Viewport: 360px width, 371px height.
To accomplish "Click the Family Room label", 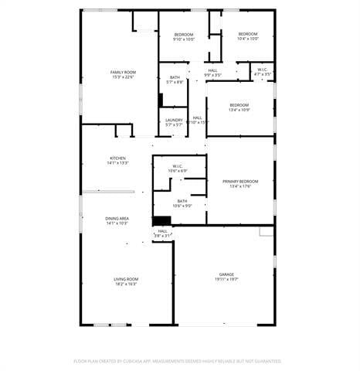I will pyautogui.click(x=123, y=72).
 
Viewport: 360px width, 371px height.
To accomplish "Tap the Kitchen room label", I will pyautogui.click(x=118, y=158).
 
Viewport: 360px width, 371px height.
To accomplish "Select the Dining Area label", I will pyautogui.click(x=117, y=219).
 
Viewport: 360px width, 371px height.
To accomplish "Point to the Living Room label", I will pyautogui.click(x=126, y=279).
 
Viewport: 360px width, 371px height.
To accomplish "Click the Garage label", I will pyautogui.click(x=226, y=274).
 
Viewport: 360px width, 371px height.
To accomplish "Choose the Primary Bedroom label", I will pyautogui.click(x=240, y=182).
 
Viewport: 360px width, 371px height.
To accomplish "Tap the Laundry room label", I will pyautogui.click(x=174, y=119).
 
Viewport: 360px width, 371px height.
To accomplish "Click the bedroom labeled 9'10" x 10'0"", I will pyautogui.click(x=184, y=34).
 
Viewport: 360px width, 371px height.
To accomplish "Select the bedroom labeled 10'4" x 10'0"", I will pyautogui.click(x=248, y=34).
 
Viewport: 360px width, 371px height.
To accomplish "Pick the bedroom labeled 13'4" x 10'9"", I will pyautogui.click(x=239, y=105).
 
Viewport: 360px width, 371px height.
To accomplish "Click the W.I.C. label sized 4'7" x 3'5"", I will pyautogui.click(x=263, y=70).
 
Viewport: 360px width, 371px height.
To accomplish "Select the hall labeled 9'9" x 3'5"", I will pyautogui.click(x=213, y=70).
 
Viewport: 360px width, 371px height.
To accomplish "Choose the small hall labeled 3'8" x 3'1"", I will pyautogui.click(x=163, y=230).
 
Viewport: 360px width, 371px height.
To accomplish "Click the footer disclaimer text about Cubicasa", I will pyautogui.click(x=178, y=361).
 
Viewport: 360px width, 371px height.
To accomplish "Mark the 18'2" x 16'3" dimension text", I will pyautogui.click(x=126, y=284).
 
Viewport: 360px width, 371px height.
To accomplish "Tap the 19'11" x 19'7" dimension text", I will pyautogui.click(x=226, y=279).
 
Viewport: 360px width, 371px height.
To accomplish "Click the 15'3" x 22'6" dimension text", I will pyautogui.click(x=123, y=77).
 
